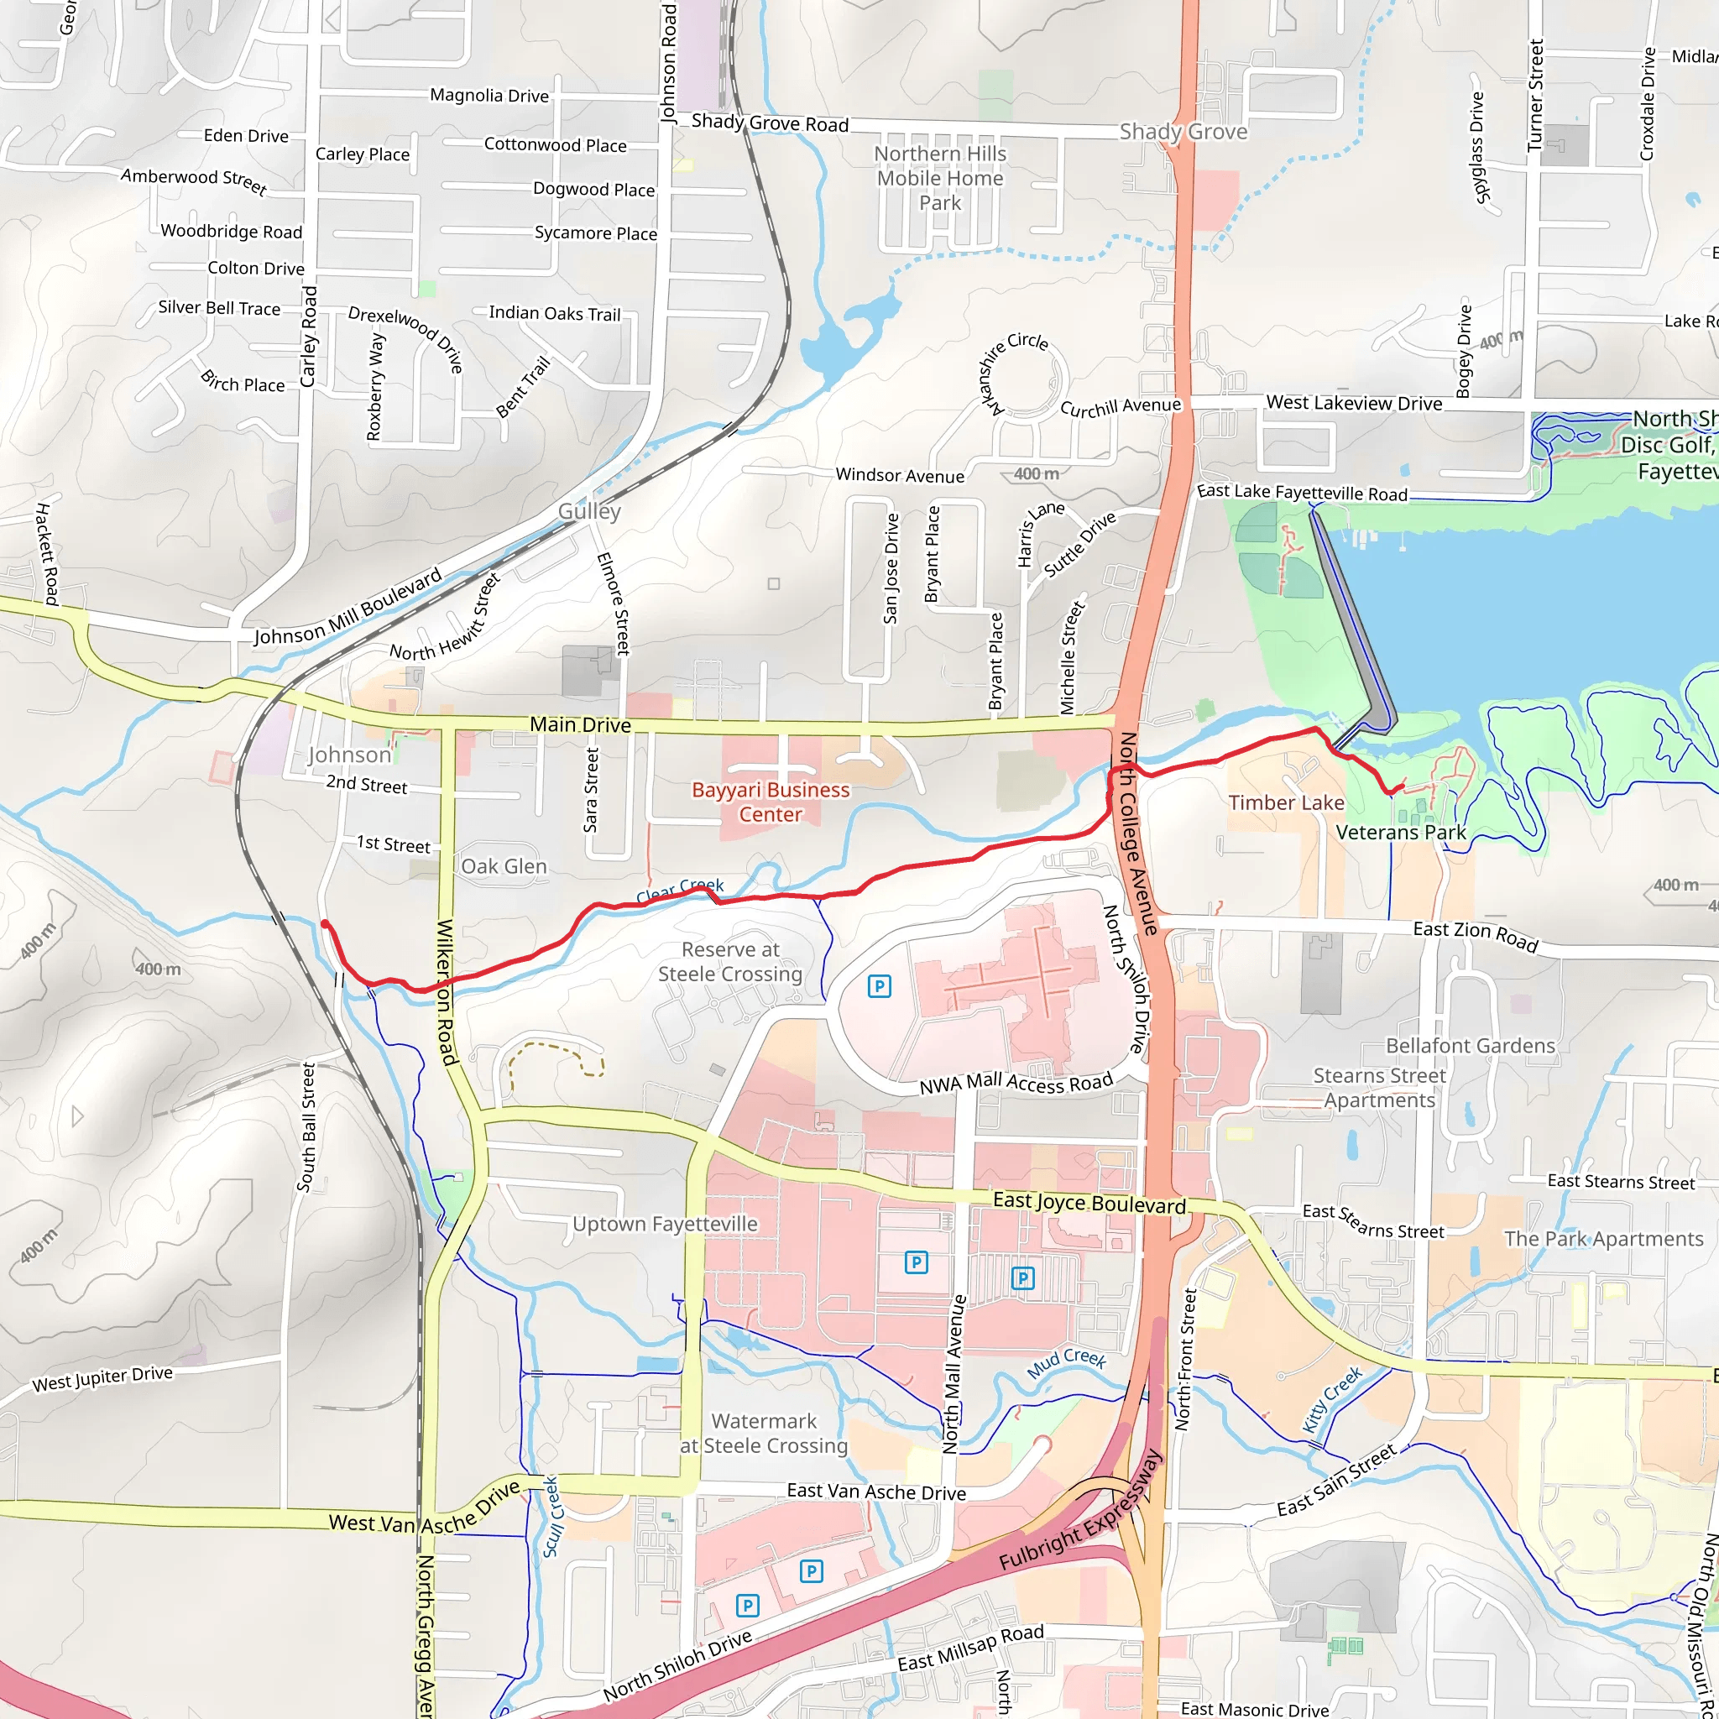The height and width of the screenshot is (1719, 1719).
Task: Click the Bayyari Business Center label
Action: coord(771,802)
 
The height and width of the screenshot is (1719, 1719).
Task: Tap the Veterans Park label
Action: coord(1401,832)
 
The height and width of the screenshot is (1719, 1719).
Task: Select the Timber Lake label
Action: coord(1286,802)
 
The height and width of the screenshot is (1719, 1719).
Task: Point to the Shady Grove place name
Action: coord(1183,132)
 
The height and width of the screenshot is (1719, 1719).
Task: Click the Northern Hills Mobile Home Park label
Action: coord(939,178)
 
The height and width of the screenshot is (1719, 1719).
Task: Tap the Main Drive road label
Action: coord(580,724)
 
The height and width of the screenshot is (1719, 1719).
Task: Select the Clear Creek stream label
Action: coord(680,890)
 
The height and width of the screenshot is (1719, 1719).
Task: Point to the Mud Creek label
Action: coord(1066,1362)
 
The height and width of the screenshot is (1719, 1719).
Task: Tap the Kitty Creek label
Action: coord(1331,1399)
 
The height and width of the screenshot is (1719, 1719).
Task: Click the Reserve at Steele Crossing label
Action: coord(729,962)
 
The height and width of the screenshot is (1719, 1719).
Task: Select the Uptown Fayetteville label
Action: coord(665,1225)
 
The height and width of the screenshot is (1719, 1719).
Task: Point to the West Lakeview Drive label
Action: coord(1353,403)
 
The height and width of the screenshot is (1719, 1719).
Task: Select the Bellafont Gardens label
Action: coord(1470,1046)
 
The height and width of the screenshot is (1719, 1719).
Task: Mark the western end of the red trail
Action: coord(325,924)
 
